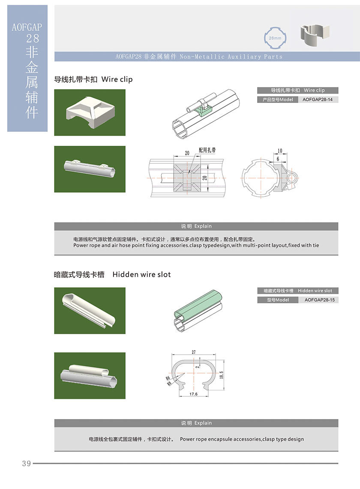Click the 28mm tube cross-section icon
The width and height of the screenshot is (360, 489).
275,38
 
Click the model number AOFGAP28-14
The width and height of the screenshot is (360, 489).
317,100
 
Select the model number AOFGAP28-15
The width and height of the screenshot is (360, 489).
319,300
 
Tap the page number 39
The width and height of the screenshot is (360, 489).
27,463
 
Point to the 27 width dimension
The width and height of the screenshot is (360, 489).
194,352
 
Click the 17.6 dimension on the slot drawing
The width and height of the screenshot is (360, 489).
193,394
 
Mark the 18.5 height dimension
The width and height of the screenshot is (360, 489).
221,374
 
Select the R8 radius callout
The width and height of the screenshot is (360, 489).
169,383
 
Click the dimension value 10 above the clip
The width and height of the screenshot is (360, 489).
279,151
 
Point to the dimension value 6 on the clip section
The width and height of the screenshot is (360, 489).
278,159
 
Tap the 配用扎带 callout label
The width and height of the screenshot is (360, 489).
207,150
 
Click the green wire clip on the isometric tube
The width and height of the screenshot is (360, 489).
202,110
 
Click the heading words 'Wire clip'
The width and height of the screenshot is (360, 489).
117,79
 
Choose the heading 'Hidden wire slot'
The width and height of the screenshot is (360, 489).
141,275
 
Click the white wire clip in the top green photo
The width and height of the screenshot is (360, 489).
90,112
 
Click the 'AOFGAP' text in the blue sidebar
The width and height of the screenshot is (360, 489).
27,27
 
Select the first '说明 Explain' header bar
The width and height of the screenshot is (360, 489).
196,226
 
